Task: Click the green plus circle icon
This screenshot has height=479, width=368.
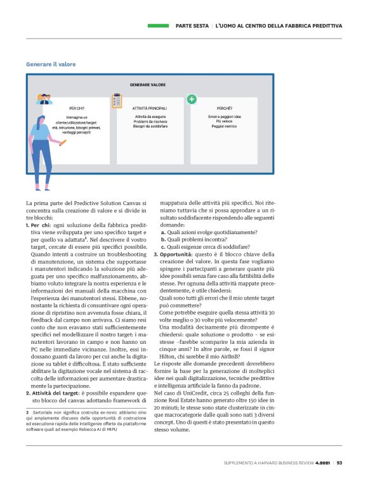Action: click(x=192, y=100)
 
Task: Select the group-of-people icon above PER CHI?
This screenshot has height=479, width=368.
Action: click(x=45, y=99)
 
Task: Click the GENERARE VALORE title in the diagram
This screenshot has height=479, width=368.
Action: click(x=148, y=84)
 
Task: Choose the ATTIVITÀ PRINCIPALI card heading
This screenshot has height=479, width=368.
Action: click(x=150, y=109)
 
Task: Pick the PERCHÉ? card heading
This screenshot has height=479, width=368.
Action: click(x=224, y=109)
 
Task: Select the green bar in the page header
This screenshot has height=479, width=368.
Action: click(x=158, y=26)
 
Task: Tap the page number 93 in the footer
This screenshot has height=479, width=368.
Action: click(x=339, y=462)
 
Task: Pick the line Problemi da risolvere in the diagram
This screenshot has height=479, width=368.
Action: click(x=150, y=122)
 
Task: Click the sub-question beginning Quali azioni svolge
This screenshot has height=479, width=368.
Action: click(x=206, y=232)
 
